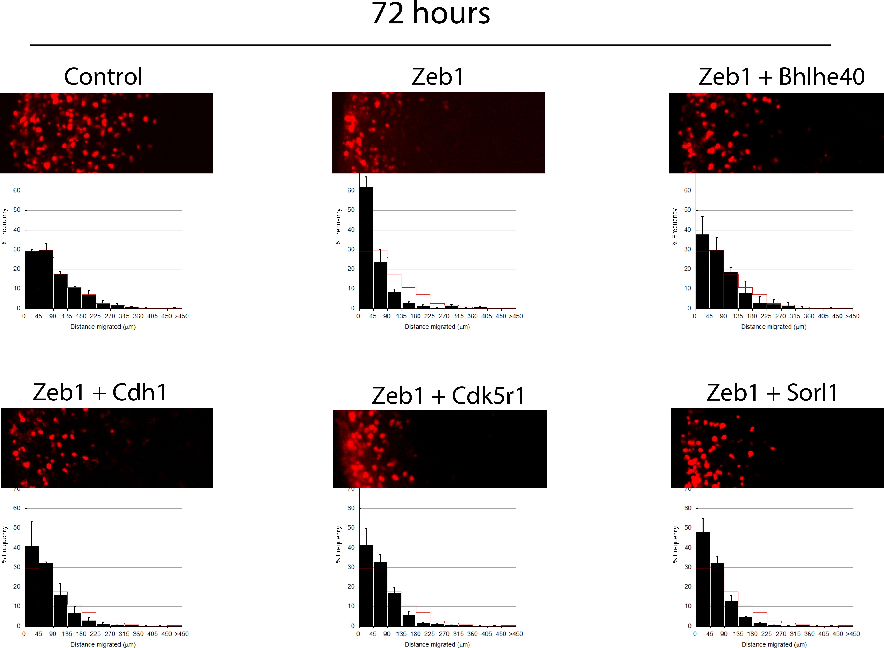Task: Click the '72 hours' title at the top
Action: (x=430, y=14)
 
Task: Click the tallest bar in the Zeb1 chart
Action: (x=366, y=247)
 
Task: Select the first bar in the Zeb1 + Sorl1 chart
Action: (x=703, y=579)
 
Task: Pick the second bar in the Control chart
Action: (x=46, y=279)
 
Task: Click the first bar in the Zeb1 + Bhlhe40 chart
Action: (x=702, y=271)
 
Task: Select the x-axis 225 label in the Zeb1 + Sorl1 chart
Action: (x=766, y=634)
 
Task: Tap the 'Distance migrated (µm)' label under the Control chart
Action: (x=103, y=327)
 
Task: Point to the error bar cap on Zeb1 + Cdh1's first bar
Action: (x=32, y=521)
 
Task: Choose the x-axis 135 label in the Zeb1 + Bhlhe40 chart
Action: (x=738, y=316)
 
